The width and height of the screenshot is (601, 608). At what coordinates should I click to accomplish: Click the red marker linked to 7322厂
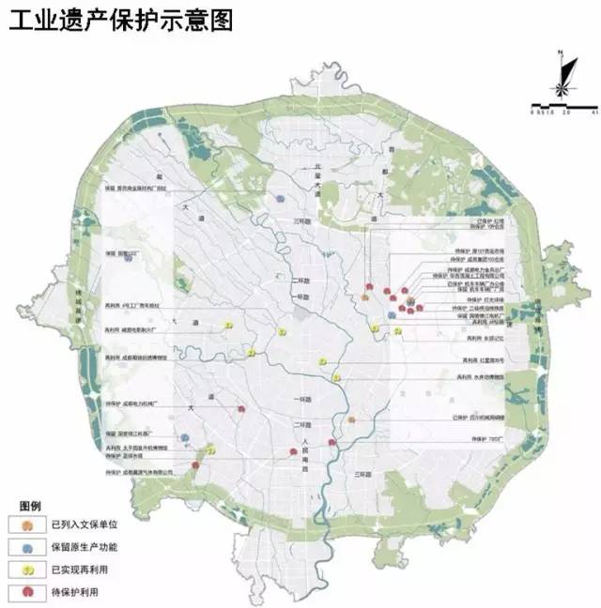coord(331,441)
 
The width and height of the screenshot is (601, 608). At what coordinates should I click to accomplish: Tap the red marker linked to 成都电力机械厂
coord(242,409)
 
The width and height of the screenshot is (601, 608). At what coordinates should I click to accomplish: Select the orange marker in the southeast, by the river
coord(351,419)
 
